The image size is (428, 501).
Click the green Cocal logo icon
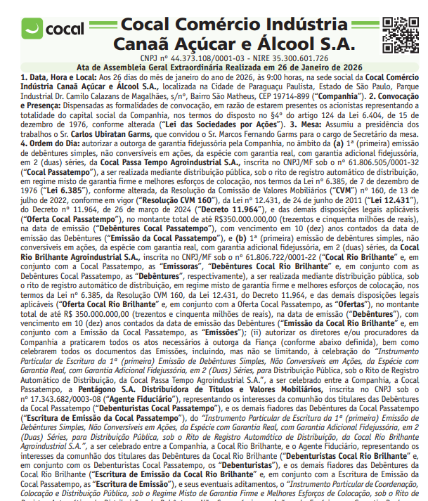(32, 30)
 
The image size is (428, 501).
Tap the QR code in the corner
(405, 32)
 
